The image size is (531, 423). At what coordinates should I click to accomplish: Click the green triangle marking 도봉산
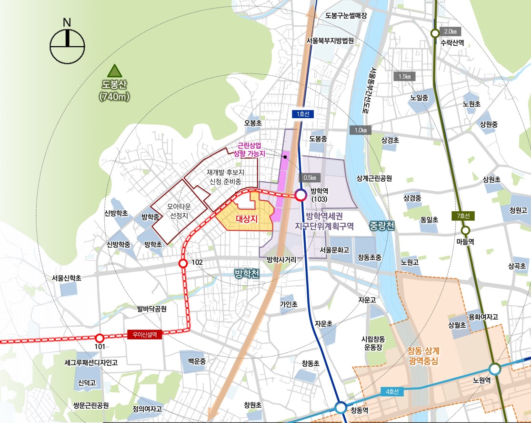[x=114, y=72]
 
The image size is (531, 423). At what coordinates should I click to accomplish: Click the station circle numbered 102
[x=182, y=263]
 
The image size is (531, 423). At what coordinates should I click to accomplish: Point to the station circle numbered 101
[x=99, y=337]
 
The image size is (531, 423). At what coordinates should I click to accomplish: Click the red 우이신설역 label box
[x=145, y=335]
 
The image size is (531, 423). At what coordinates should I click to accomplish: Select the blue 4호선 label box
[x=392, y=392]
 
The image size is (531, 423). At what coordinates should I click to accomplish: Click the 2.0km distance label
[x=450, y=31]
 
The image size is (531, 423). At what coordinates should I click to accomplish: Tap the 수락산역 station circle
[x=435, y=33]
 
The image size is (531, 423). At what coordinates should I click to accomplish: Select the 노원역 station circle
[x=495, y=369]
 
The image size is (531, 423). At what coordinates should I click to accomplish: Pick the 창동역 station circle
[x=341, y=408]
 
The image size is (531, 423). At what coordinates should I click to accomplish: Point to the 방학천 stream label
[x=247, y=274]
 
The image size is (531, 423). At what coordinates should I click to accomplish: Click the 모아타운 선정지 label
[x=179, y=211]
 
